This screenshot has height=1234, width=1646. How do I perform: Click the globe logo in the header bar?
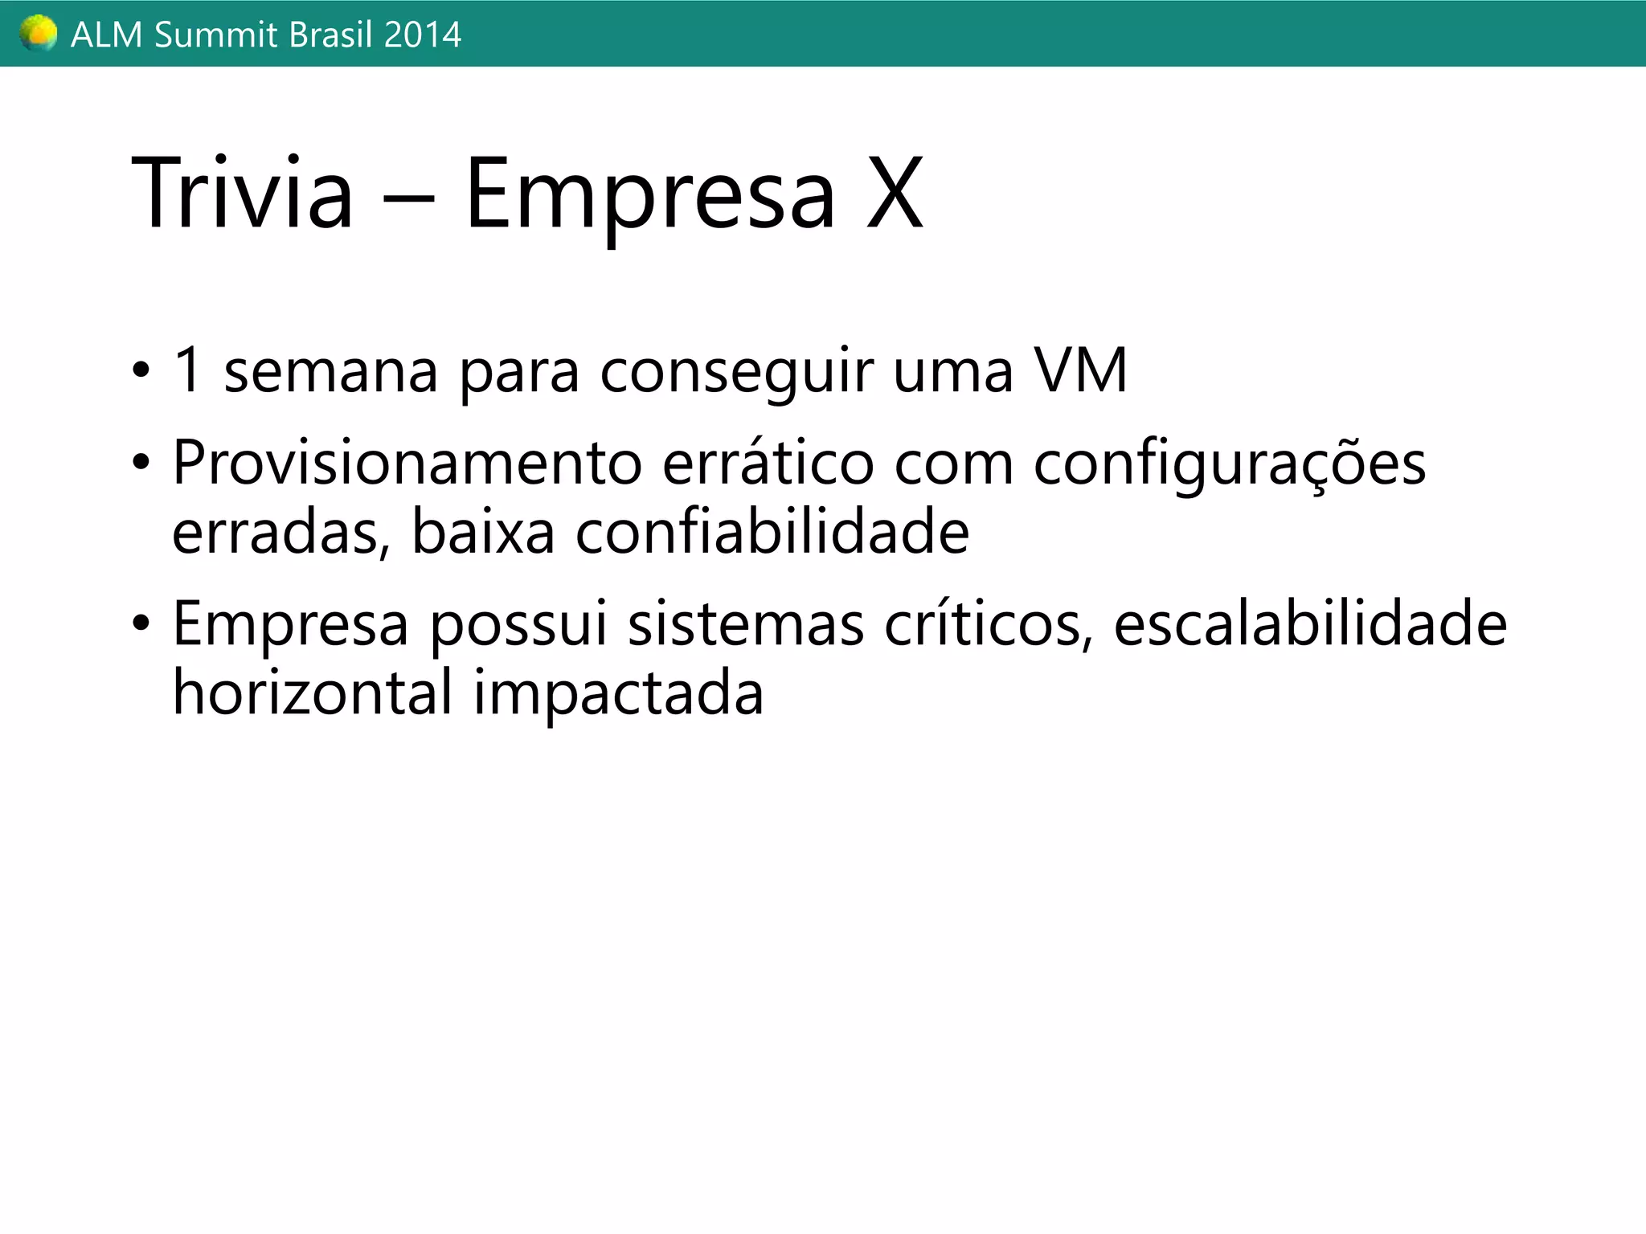coord(39,34)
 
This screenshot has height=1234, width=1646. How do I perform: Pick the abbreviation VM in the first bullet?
coord(1081,371)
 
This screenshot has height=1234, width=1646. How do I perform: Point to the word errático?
coord(768,464)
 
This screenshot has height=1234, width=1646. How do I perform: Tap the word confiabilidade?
coord(772,533)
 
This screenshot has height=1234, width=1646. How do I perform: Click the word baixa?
coord(483,533)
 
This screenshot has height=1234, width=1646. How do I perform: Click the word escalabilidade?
coord(1310,624)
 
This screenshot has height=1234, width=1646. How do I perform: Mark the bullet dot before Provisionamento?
coord(141,464)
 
